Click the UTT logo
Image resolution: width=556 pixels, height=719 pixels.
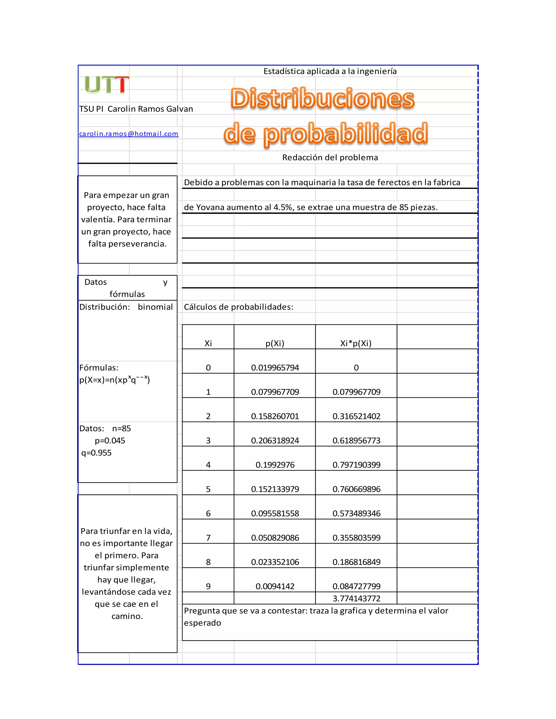[106, 85]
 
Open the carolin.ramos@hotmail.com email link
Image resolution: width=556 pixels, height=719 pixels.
[128, 134]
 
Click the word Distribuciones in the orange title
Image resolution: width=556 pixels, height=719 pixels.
[322, 98]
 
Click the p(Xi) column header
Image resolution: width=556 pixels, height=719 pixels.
[275, 343]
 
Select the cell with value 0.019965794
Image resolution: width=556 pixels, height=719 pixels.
[275, 368]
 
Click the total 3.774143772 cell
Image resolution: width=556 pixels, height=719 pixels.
[356, 598]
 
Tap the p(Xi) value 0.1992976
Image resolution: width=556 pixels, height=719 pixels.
[275, 465]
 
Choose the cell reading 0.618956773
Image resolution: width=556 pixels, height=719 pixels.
[356, 440]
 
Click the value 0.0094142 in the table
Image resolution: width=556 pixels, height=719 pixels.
[275, 586]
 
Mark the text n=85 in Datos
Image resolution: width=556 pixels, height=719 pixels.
[122, 428]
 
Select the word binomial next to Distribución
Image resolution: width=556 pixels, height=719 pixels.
[155, 307]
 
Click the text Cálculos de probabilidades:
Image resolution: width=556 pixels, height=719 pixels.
[238, 307]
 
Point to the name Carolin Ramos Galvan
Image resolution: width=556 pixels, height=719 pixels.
[150, 109]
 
